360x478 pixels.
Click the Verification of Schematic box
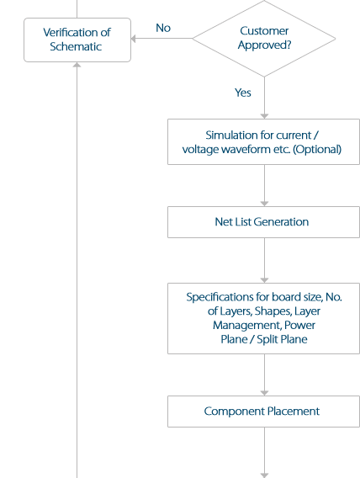click(x=77, y=40)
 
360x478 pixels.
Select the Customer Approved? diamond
click(x=263, y=38)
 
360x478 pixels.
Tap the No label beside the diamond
click(x=163, y=28)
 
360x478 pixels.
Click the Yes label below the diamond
click(x=243, y=93)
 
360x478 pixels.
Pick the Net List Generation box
click(x=263, y=222)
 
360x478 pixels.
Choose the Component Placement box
click(x=263, y=412)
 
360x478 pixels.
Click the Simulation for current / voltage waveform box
click(x=263, y=142)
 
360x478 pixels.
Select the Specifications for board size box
click(x=263, y=317)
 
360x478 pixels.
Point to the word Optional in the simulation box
click(x=315, y=150)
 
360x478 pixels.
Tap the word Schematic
click(x=76, y=47)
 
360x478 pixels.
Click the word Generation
click(x=281, y=222)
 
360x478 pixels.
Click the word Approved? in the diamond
click(x=264, y=45)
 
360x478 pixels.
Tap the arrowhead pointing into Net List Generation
click(x=264, y=203)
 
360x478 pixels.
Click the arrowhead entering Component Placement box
click(x=264, y=392)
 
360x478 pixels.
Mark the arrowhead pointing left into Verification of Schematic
click(x=135, y=38)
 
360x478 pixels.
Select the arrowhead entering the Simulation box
click(x=264, y=114)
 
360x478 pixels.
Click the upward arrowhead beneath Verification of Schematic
click(x=77, y=66)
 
